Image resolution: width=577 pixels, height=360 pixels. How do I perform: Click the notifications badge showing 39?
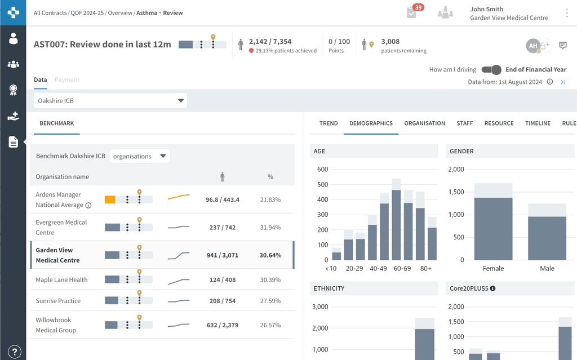(x=418, y=7)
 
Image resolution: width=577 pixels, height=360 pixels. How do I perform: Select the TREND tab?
(x=329, y=123)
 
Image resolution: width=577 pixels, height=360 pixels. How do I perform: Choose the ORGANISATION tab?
(x=424, y=123)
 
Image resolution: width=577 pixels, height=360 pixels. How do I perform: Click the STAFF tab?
(x=465, y=123)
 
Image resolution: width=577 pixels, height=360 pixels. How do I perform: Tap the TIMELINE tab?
(x=538, y=123)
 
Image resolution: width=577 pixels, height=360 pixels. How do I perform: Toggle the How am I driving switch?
(x=491, y=70)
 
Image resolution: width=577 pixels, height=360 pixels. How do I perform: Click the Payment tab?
(x=67, y=80)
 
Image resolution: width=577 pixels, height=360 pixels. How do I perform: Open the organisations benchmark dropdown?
(x=140, y=156)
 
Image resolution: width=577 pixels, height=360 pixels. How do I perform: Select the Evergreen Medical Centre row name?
(x=61, y=227)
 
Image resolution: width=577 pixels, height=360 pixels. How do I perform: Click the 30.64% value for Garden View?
(x=270, y=255)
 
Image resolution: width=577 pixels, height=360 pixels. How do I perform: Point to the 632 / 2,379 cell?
(x=221, y=325)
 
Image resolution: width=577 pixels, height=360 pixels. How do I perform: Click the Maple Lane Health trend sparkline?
(x=179, y=280)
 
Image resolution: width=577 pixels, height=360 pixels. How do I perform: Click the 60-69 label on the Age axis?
(x=402, y=269)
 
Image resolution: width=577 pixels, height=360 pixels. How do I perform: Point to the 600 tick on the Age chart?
(x=322, y=169)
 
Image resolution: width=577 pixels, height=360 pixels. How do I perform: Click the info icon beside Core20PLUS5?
(x=492, y=288)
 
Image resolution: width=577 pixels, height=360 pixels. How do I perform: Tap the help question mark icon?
(x=13, y=350)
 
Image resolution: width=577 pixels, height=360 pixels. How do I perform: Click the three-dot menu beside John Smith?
(x=567, y=13)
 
